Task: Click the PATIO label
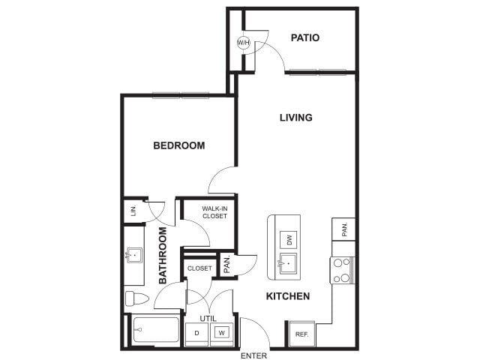(306, 37)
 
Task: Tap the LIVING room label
(295, 118)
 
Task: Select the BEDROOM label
(178, 145)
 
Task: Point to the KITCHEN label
(288, 296)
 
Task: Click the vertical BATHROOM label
(163, 255)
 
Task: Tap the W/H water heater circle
(244, 43)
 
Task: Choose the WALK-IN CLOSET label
(214, 212)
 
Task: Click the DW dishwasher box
(288, 240)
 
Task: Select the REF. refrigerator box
(301, 334)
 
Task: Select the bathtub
(156, 331)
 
